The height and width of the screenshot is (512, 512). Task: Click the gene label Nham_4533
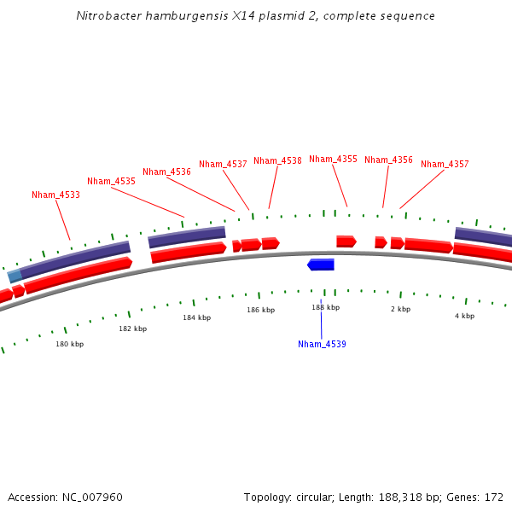[x=55, y=195]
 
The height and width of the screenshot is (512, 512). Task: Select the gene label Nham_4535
[x=111, y=181]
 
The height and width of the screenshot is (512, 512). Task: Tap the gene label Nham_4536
[x=166, y=172]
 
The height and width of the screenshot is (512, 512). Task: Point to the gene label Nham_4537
[x=223, y=164]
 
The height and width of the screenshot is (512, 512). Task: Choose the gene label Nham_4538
[x=277, y=160]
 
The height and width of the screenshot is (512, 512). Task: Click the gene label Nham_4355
[x=333, y=159]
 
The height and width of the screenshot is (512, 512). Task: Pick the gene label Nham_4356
[x=388, y=160]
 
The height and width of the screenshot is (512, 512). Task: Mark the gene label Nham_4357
[x=445, y=164]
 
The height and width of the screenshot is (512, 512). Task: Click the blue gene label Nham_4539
[x=322, y=344]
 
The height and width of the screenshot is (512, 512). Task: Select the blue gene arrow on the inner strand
[x=321, y=265]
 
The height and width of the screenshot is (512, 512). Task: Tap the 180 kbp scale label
[x=70, y=344]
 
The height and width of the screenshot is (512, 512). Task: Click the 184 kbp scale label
[x=196, y=317]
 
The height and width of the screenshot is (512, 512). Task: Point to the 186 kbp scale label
[x=261, y=310]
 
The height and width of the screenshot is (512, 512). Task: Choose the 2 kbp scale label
[x=400, y=309]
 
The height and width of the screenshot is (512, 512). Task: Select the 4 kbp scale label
[x=464, y=316]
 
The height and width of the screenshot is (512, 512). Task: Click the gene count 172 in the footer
[x=493, y=497]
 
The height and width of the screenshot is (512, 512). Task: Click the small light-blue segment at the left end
[x=15, y=276]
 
